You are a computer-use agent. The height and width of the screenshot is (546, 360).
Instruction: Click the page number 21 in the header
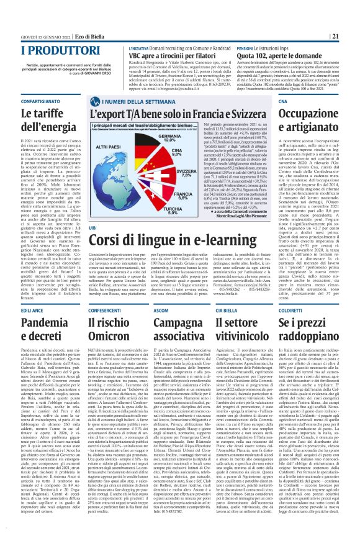352,36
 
